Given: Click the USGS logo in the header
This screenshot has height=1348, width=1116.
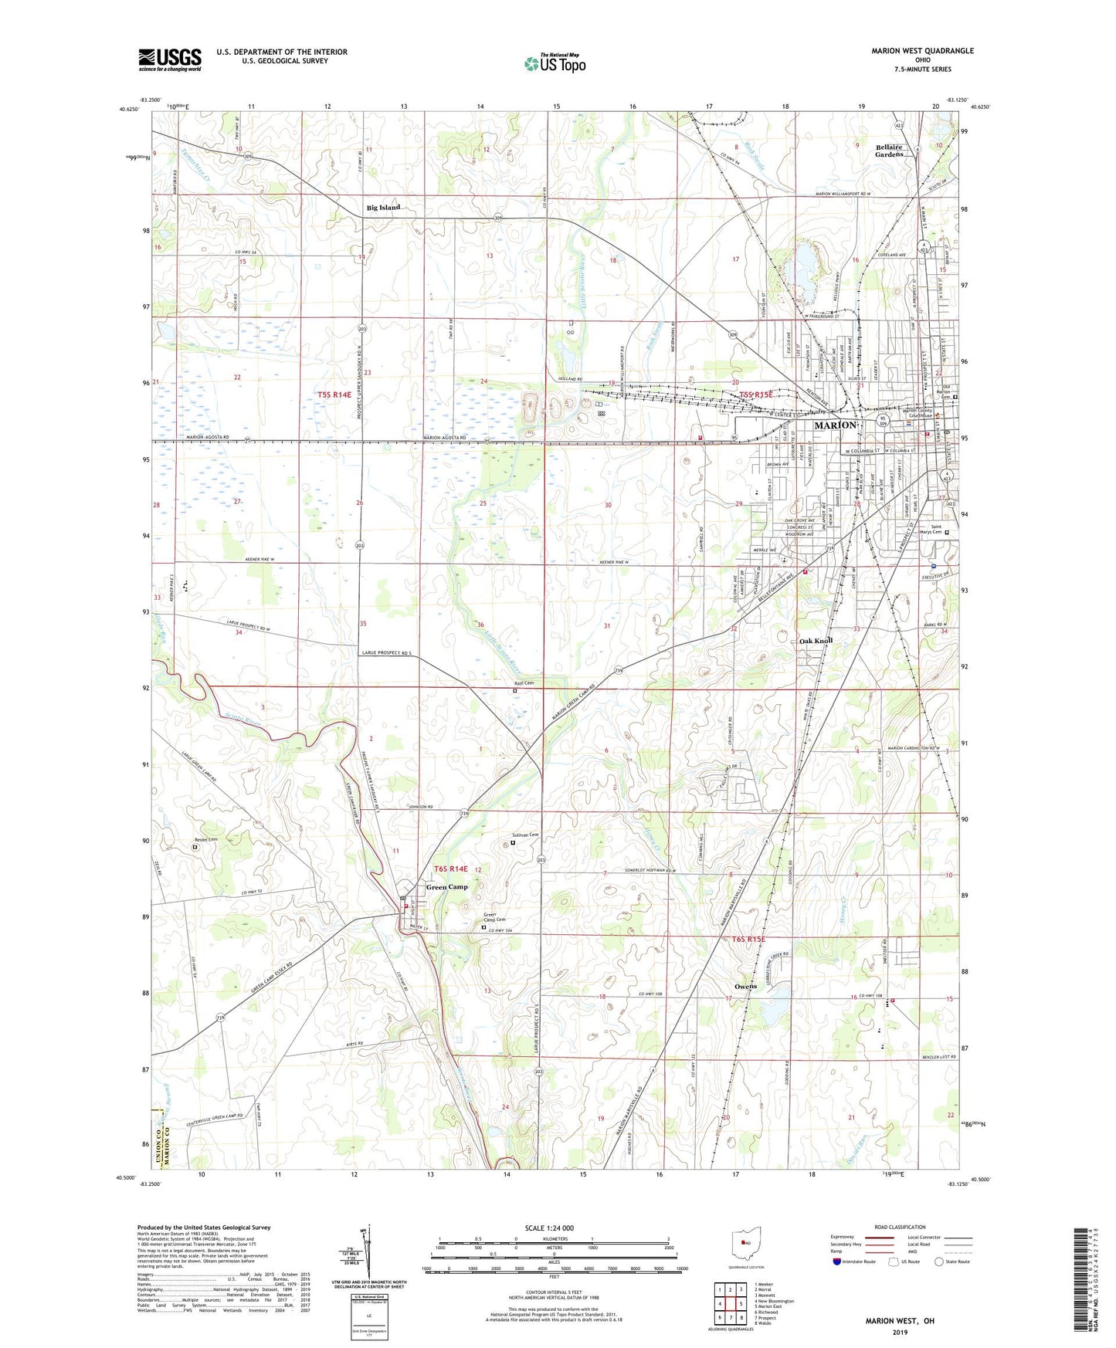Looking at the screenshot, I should [x=170, y=59].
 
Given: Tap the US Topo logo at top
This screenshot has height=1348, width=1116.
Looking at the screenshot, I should [x=554, y=63].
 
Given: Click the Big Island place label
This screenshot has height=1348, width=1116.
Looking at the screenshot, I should [x=383, y=208].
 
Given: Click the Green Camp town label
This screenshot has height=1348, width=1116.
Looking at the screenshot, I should [x=447, y=887].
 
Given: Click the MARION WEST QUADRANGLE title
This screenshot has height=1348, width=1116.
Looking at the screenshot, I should [x=922, y=51].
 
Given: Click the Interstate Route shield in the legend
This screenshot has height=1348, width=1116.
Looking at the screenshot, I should [x=836, y=1262].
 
